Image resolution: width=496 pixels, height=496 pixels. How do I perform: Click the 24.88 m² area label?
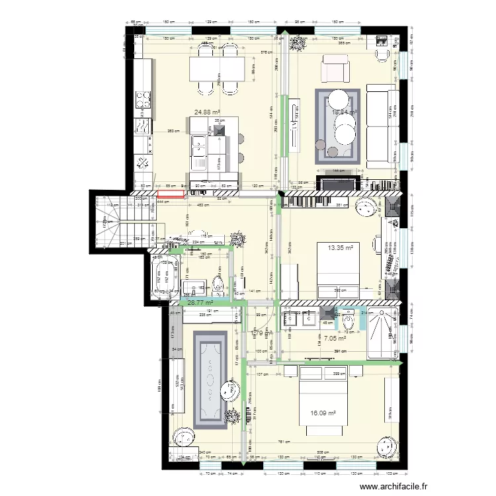pyautogui.click(x=207, y=112)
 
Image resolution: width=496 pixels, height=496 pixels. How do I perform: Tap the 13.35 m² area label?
pyautogui.click(x=339, y=248)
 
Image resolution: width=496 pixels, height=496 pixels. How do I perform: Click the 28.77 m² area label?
pyautogui.click(x=200, y=302)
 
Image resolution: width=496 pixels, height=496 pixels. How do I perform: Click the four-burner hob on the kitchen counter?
pyautogui.click(x=144, y=99)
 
